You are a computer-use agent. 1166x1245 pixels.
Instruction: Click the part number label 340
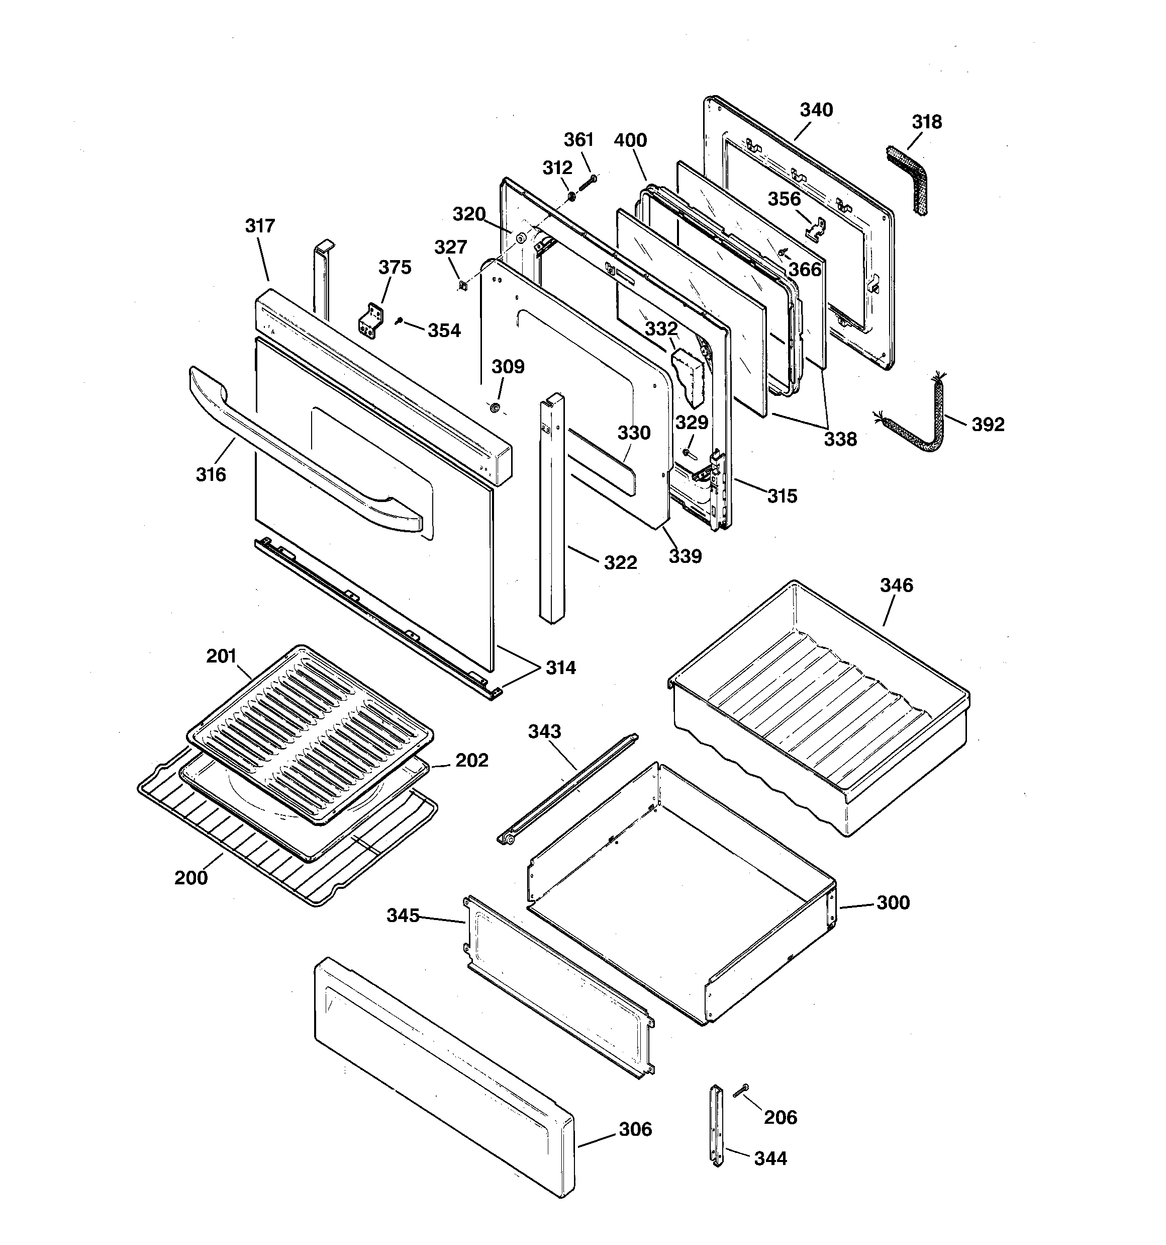click(x=816, y=110)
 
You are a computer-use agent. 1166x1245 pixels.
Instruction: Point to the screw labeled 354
click(x=399, y=321)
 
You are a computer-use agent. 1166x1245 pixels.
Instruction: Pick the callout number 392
click(x=988, y=425)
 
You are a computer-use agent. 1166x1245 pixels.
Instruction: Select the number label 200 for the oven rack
click(x=191, y=878)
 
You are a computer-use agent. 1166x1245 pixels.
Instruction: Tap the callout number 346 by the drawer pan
click(x=896, y=586)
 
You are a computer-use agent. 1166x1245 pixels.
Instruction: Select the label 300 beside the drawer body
click(x=893, y=903)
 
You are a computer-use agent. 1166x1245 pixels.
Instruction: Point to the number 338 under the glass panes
click(x=840, y=440)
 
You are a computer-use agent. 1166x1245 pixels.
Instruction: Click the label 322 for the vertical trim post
click(x=620, y=562)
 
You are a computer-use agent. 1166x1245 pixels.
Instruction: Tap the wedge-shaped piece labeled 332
click(x=687, y=376)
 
